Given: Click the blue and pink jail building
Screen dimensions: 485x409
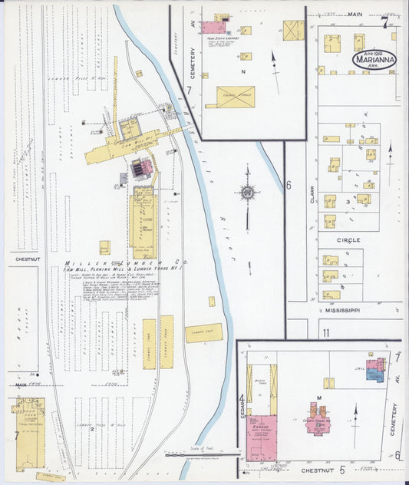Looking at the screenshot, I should [375, 369].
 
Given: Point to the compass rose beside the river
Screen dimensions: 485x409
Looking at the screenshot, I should [247, 192].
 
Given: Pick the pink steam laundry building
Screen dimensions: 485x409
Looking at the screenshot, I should [213, 28].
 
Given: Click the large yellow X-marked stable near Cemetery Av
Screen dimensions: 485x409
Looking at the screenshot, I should [235, 97].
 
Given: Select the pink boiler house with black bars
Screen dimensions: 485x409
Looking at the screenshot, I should [140, 168].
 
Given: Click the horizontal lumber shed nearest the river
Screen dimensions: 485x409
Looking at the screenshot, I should [204, 332].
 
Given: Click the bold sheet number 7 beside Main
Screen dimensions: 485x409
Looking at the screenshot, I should [384, 21].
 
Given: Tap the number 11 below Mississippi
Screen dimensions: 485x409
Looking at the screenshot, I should [326, 332].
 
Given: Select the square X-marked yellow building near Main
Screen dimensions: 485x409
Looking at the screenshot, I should [293, 30].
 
